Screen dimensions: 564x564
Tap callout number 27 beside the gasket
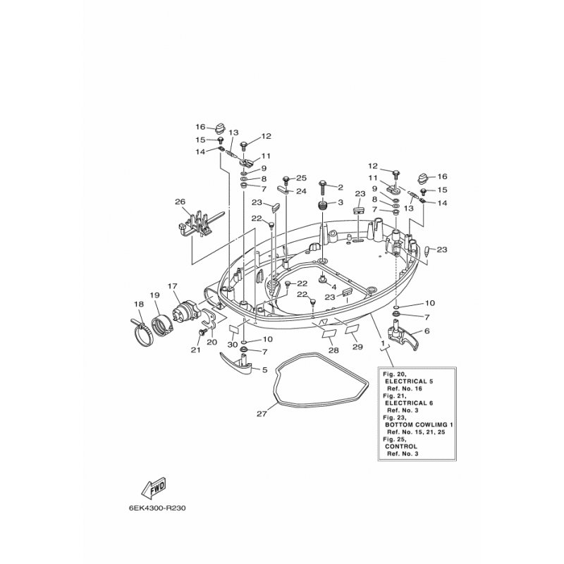(262, 414)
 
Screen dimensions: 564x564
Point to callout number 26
(180, 202)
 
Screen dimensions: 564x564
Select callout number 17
(172, 286)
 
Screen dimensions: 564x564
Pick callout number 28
(333, 350)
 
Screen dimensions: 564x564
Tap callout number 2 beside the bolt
(340, 187)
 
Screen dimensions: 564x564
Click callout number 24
(301, 191)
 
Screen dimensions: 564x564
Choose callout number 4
(333, 287)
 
